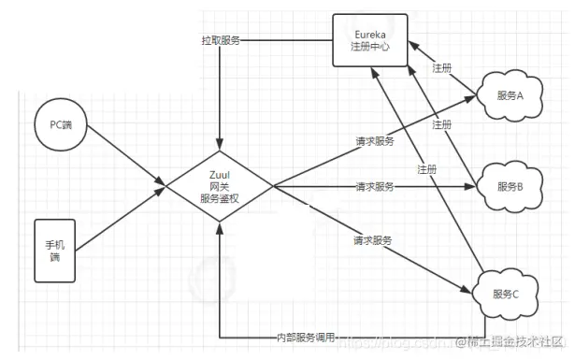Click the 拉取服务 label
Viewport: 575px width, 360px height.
tap(220, 41)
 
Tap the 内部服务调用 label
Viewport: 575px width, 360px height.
tap(305, 337)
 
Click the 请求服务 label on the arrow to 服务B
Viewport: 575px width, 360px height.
tap(374, 186)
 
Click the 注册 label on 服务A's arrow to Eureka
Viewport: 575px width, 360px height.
tap(442, 68)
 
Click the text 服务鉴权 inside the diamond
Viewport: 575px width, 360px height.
tap(219, 197)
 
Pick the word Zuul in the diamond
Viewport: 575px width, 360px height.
tap(219, 173)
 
